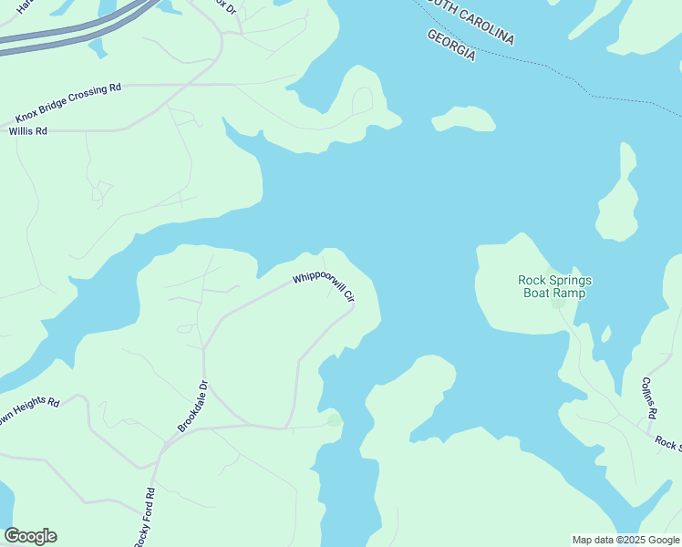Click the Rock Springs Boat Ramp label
tap(554, 286)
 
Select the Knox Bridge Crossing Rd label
tap(68, 104)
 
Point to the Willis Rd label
tap(27, 131)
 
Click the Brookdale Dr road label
tap(193, 407)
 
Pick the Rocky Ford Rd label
tap(145, 518)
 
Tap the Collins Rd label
tap(649, 397)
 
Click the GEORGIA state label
tap(451, 45)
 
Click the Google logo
tap(30, 536)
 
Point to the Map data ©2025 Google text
tap(626, 540)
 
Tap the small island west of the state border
tap(464, 119)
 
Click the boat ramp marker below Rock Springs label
tap(557, 304)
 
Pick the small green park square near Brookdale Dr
tap(335, 420)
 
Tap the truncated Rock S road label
tap(668, 443)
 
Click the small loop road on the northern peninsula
tap(362, 99)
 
